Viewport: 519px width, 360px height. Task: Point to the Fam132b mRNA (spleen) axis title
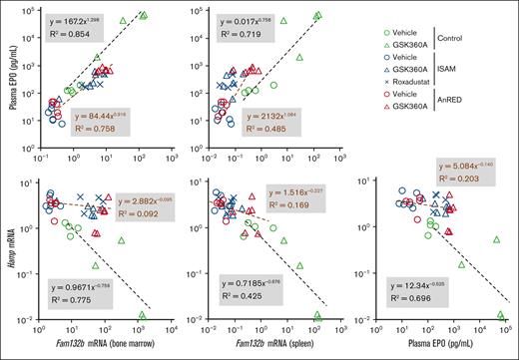point(263,346)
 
